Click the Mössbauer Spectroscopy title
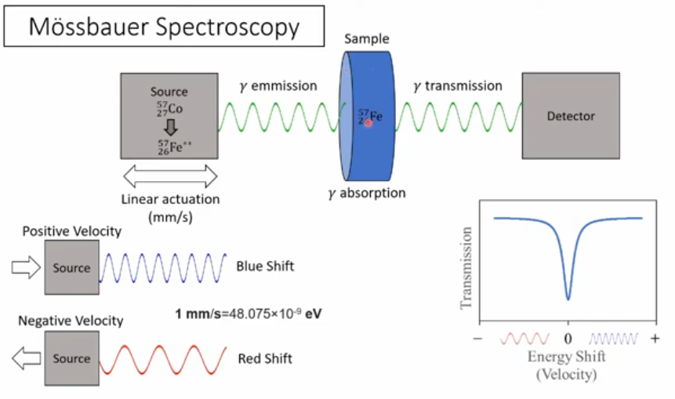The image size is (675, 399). pyautogui.click(x=164, y=27)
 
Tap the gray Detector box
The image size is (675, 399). pyautogui.click(x=571, y=116)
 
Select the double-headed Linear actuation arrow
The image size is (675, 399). pyautogui.click(x=170, y=176)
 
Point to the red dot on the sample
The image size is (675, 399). pyautogui.click(x=366, y=122)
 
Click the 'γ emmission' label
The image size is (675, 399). pyautogui.click(x=278, y=85)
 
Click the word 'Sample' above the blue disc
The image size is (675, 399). pyautogui.click(x=368, y=39)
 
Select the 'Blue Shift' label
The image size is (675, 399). pyautogui.click(x=265, y=267)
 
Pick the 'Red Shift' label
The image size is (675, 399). pyautogui.click(x=264, y=359)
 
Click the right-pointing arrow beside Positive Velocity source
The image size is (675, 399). pyautogui.click(x=26, y=268)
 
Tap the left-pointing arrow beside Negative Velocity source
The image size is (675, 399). pyautogui.click(x=26, y=359)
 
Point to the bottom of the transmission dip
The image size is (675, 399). pyautogui.click(x=568, y=298)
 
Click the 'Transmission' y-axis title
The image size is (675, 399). pyautogui.click(x=466, y=267)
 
